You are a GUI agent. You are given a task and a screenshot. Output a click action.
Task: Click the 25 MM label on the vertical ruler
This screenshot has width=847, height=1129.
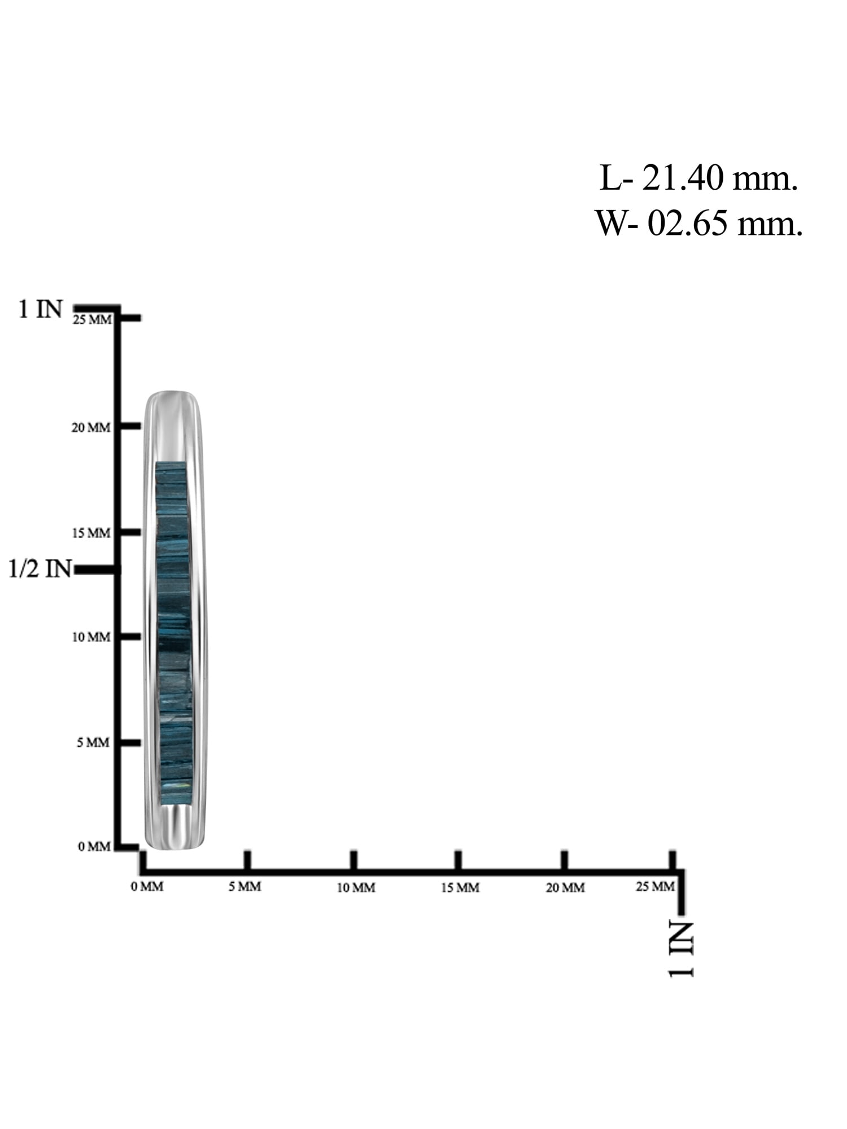pos(92,320)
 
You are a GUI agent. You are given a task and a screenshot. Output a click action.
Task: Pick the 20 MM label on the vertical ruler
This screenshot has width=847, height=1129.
pos(91,428)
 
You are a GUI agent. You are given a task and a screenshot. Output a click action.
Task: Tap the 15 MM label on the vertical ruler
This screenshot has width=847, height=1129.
pos(91,533)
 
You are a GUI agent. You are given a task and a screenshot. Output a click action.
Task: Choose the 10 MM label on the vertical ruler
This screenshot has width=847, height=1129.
pos(91,637)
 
